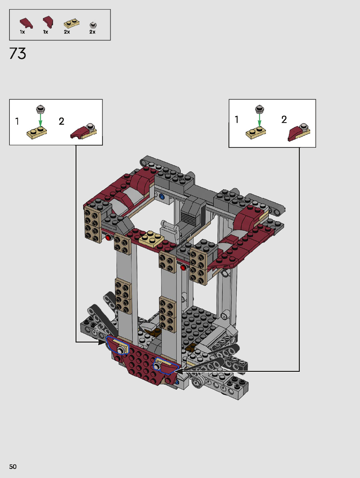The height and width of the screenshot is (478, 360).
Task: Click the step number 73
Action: tap(18, 53)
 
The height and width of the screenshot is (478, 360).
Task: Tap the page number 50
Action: tap(13, 467)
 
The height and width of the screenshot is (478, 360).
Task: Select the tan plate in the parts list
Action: tap(71, 24)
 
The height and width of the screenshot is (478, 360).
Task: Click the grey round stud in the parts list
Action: tap(93, 25)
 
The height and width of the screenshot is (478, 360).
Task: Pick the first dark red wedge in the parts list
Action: tap(26, 23)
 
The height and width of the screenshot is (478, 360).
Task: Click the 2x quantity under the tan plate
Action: tap(67, 32)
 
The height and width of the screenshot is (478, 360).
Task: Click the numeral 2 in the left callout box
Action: tap(62, 121)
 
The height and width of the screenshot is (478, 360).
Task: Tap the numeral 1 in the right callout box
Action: tap(237, 119)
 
